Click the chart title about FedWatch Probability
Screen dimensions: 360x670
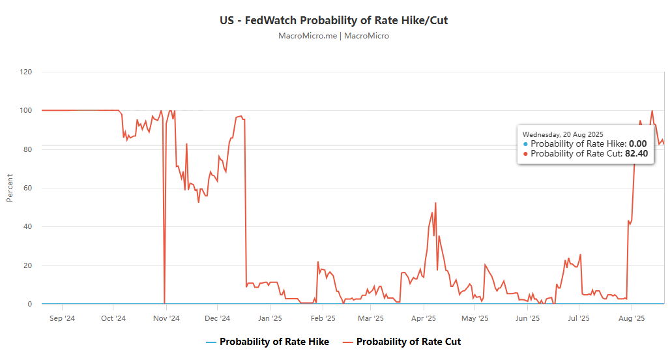334,20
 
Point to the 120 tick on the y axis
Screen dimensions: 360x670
25,72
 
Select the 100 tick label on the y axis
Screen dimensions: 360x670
25,110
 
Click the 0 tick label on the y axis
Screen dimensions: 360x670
29,304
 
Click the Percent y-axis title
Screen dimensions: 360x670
10,188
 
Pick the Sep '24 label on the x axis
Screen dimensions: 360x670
62,319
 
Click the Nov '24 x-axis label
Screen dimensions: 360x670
166,319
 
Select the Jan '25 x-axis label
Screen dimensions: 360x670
270,319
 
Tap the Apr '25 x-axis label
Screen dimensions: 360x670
424,319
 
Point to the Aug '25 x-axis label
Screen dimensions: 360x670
631,319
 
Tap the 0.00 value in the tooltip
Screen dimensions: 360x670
637,143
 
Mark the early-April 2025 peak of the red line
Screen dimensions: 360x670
435,203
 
